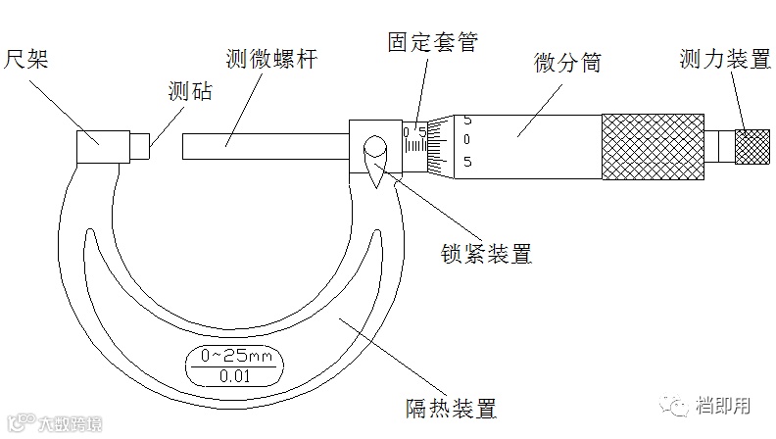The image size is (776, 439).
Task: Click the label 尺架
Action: [x=30, y=61]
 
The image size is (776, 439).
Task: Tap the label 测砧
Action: [x=190, y=93]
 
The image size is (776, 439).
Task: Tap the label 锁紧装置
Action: [x=487, y=254]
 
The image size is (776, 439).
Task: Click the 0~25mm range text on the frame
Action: [x=234, y=356]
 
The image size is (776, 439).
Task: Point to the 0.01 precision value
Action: [x=234, y=375]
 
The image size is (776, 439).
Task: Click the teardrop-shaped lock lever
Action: [x=375, y=158]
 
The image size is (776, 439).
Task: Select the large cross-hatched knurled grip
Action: [x=652, y=147]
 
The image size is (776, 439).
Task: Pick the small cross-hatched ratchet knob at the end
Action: [x=752, y=147]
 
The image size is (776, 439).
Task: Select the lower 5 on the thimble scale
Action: [x=467, y=162]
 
